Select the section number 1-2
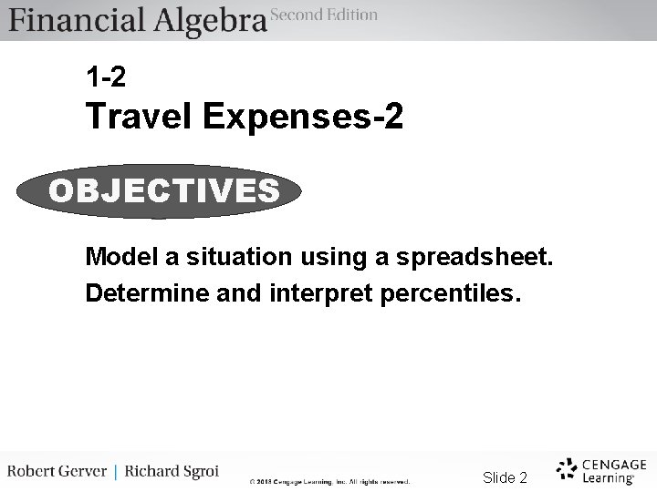[106, 77]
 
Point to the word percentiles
[442, 294]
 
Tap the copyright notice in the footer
[330, 481]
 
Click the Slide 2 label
[505, 477]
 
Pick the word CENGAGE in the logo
[613, 464]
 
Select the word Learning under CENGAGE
[608, 477]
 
